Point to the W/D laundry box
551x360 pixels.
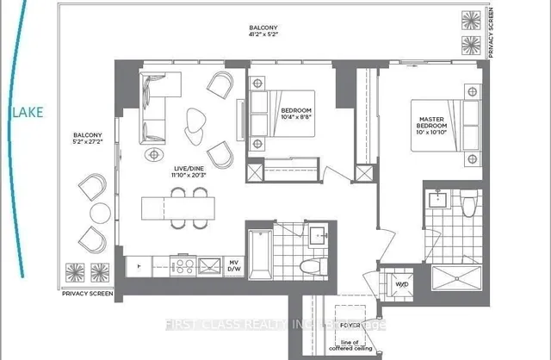click(400, 282)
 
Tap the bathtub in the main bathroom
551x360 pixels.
click(260, 250)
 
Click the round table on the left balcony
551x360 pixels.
click(99, 212)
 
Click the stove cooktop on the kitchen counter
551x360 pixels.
click(183, 265)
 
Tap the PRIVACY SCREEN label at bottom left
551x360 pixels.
click(88, 293)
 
